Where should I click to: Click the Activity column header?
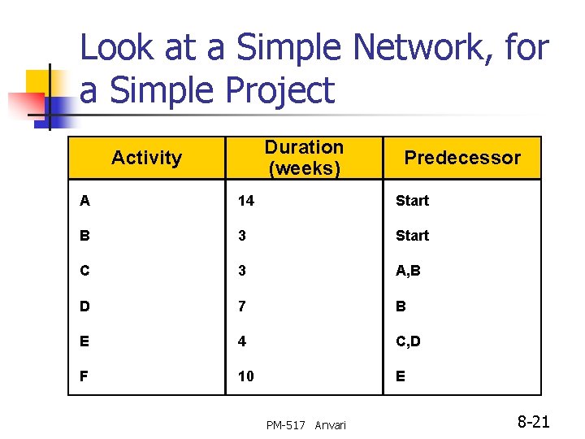[x=146, y=158]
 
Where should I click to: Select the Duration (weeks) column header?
[x=304, y=158]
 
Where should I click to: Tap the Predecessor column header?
[x=462, y=158]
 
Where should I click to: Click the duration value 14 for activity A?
[x=245, y=200]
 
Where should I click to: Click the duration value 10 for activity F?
[x=245, y=377]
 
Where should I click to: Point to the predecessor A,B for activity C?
[x=408, y=271]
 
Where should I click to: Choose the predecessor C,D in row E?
[x=408, y=342]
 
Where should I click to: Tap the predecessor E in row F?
[x=401, y=377]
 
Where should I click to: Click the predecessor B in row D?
[x=401, y=306]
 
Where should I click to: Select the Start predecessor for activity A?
[x=412, y=200]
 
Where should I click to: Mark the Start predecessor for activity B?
[x=412, y=236]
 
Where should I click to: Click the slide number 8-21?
[x=534, y=421]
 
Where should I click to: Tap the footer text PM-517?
[x=285, y=425]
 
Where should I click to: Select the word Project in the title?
[x=277, y=89]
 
